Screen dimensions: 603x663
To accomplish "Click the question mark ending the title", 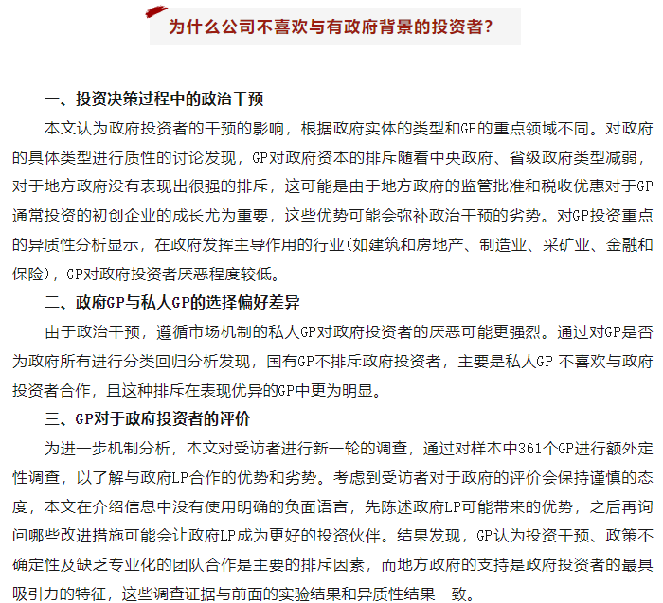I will point(487,27).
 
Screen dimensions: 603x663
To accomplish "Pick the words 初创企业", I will point(134,215).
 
